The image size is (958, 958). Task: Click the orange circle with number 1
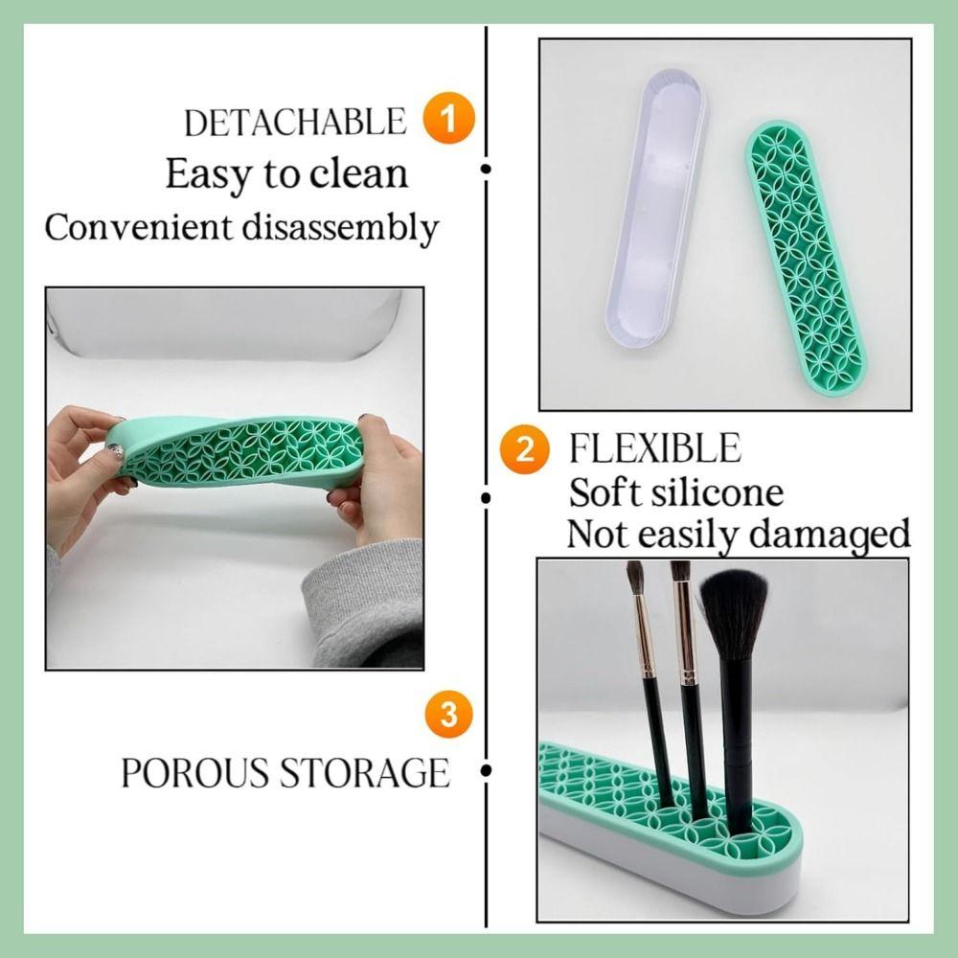pyautogui.click(x=448, y=119)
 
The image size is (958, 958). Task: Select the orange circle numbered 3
pyautogui.click(x=448, y=715)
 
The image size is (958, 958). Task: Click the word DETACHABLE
pyautogui.click(x=295, y=123)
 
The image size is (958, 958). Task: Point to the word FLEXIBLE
pyautogui.click(x=655, y=448)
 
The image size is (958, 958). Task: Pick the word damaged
pyautogui.click(x=829, y=536)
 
